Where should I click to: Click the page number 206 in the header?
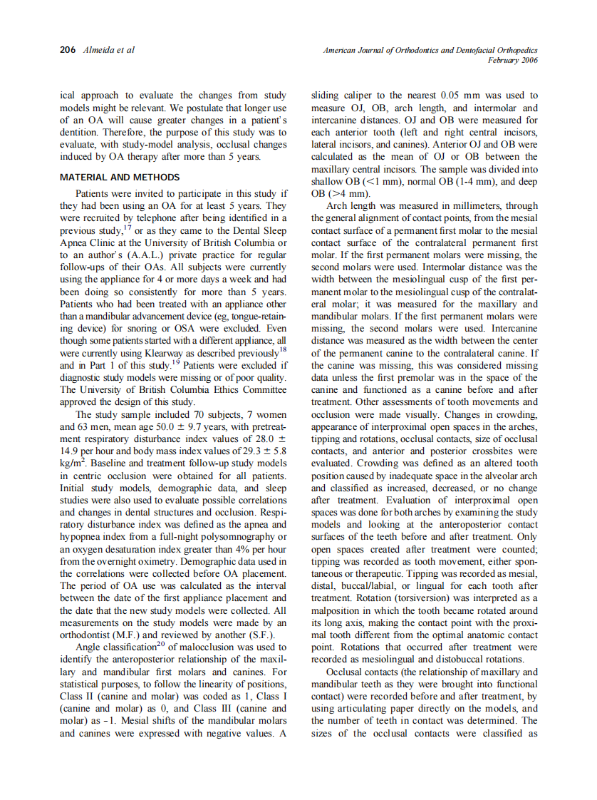click(x=68, y=51)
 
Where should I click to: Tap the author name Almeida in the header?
click(x=98, y=51)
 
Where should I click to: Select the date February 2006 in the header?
click(x=512, y=61)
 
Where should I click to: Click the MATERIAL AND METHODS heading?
click(x=120, y=178)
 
